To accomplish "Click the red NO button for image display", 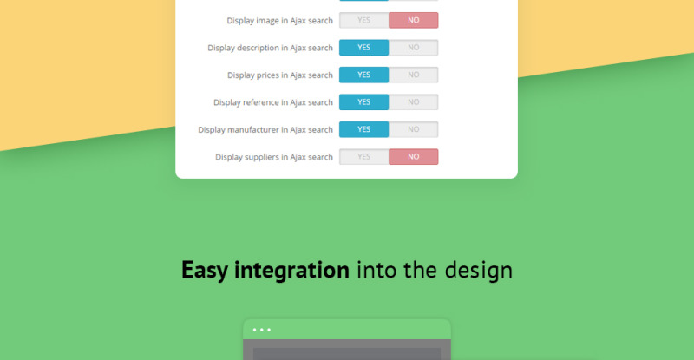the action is coord(414,20).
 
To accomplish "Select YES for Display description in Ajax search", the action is coord(363,48).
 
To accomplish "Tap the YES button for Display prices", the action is coord(363,75).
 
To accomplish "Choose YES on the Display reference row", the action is coord(363,102).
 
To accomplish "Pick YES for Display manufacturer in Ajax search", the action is coord(363,129).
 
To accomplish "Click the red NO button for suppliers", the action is coord(414,157).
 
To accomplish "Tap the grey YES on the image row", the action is coord(363,20).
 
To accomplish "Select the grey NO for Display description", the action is coord(414,48).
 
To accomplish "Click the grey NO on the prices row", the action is coord(414,75).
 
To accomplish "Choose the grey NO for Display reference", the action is coord(414,102).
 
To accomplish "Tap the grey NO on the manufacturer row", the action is coord(414,129).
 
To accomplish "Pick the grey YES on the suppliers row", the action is coord(363,157).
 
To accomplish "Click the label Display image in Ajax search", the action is coord(279,21).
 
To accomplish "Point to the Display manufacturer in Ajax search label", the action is coord(265,130).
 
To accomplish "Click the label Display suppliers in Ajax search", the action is coord(274,157).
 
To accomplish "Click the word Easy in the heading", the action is coord(205,270).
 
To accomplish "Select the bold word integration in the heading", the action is coord(291,270).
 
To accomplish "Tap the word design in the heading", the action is coord(479,270).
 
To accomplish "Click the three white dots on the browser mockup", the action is coord(262,330).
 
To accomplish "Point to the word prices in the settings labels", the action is coord(265,75).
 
